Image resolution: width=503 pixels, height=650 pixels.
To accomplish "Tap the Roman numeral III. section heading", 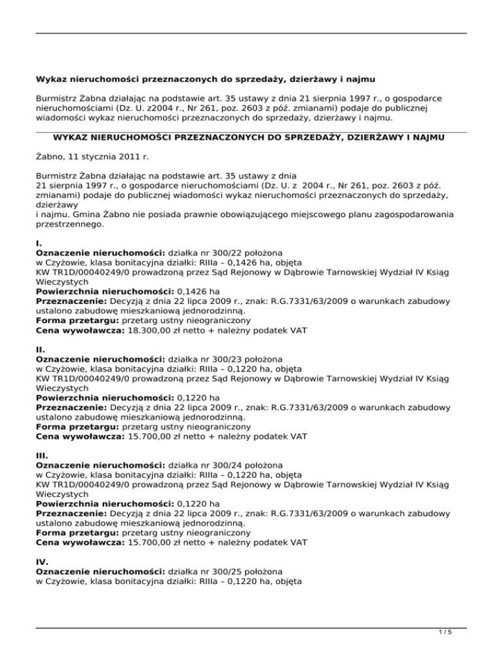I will [41, 457].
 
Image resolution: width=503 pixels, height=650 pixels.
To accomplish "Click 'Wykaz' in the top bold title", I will [53, 80].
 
